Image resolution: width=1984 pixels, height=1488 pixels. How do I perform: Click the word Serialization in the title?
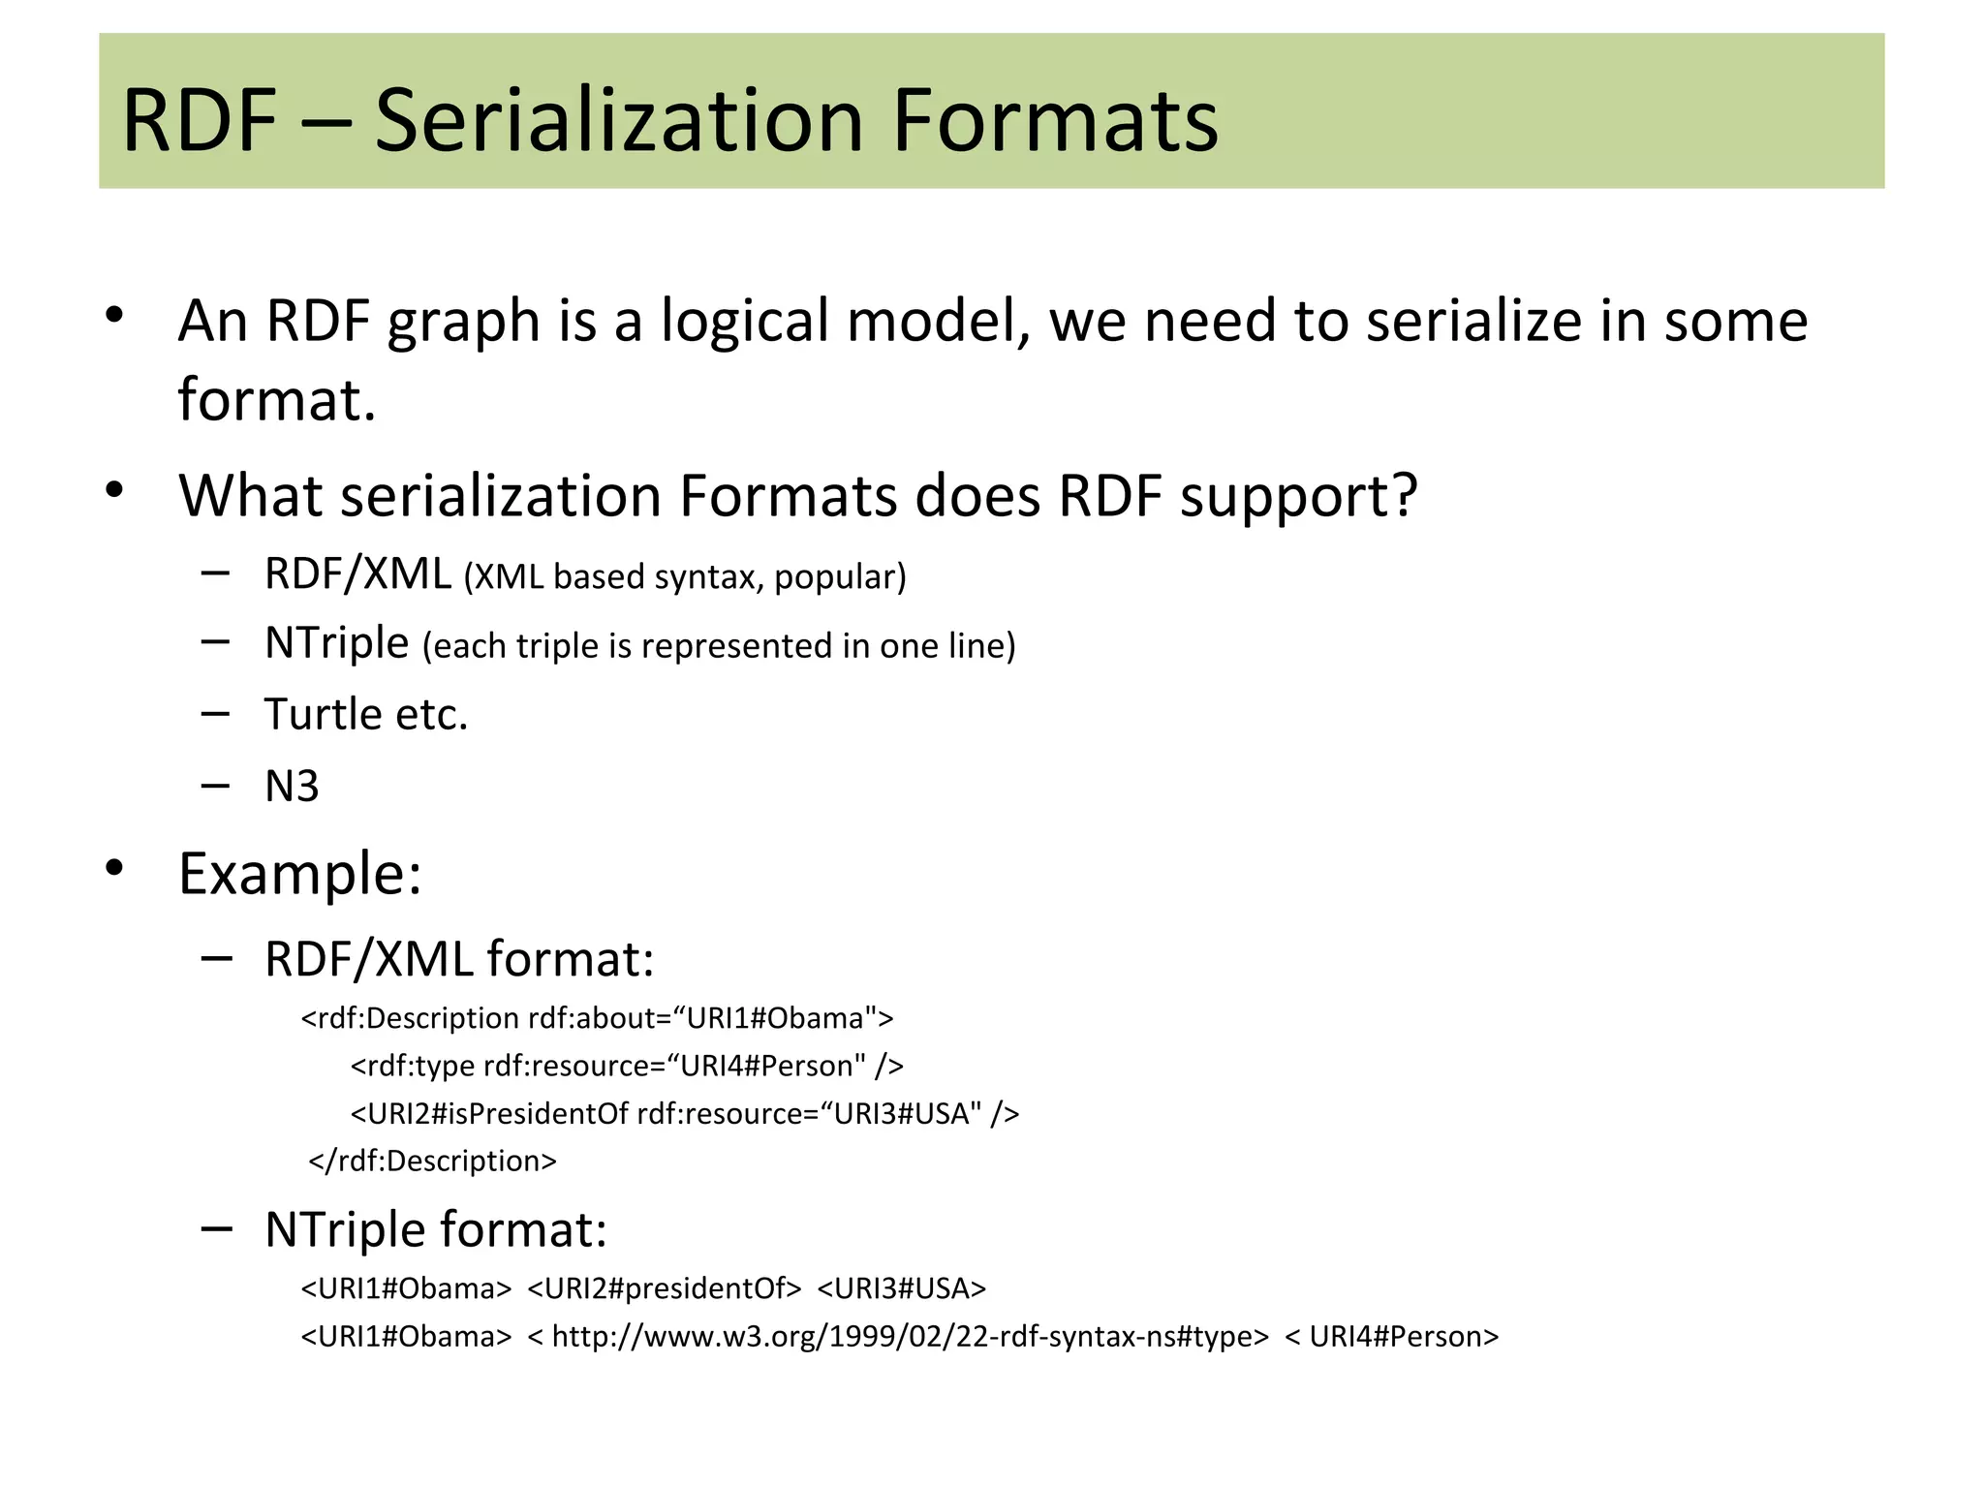617,121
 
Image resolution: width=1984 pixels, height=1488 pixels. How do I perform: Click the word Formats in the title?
1054,121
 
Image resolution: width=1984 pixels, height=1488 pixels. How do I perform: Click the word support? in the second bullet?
1298,498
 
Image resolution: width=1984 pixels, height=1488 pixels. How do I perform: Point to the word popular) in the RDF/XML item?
840,577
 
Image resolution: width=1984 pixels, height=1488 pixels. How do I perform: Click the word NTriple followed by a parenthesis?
336,643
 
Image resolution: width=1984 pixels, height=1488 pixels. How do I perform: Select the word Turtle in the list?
324,715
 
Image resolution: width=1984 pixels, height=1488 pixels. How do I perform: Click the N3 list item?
292,787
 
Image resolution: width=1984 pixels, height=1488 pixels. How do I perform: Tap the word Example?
300,875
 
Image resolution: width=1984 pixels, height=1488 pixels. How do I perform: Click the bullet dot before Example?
115,868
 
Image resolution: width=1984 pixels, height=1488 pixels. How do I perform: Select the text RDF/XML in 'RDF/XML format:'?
368,960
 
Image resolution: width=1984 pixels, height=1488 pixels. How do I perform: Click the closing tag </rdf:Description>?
433,1161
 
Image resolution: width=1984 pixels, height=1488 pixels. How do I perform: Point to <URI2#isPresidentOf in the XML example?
489,1113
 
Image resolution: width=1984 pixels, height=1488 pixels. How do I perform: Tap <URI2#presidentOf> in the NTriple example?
665,1288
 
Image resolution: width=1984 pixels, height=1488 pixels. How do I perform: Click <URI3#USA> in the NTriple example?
901,1288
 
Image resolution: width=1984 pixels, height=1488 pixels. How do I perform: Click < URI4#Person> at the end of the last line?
1391,1337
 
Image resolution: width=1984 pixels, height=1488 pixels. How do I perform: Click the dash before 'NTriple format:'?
216,1229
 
